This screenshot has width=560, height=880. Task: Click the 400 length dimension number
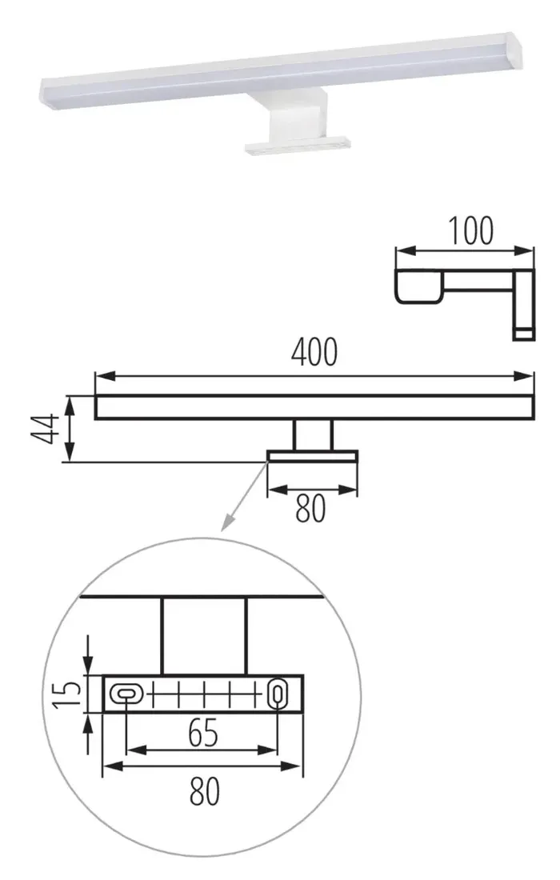point(314,353)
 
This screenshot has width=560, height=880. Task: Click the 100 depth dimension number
point(470,231)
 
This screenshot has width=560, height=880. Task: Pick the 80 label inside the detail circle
point(204,791)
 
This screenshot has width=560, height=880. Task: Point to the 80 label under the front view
point(310,509)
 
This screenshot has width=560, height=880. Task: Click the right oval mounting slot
point(277,693)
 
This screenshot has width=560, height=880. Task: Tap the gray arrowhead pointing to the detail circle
point(227,524)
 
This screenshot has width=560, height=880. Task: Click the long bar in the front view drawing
point(314,406)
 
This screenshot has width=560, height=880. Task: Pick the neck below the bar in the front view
point(313,434)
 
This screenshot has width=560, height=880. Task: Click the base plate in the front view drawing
point(313,455)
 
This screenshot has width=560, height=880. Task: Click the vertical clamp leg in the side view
point(524,304)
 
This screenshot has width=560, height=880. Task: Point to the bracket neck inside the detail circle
point(204,636)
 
